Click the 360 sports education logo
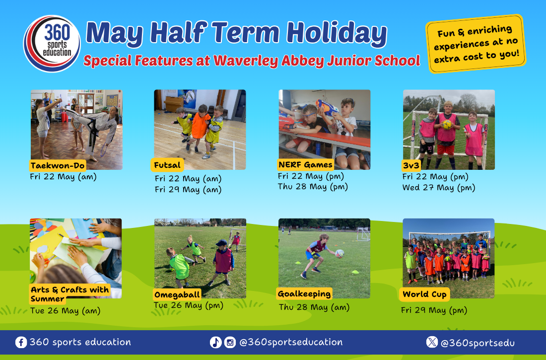tap(52, 44)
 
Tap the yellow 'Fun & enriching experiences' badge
tap(476, 44)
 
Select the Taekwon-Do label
tap(58, 165)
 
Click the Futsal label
tap(167, 165)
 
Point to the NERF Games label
tap(305, 164)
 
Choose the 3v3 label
tap(411, 165)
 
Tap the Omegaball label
tap(177, 295)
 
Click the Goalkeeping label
tap(304, 294)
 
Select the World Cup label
tap(424, 294)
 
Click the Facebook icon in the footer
tap(21, 342)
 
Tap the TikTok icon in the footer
tap(215, 342)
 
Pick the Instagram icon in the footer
tap(230, 342)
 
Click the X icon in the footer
tap(432, 342)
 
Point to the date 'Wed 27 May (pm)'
tap(439, 188)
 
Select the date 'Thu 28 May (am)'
tap(314, 307)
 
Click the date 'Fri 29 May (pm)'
tap(434, 310)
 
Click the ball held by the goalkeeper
tap(340, 253)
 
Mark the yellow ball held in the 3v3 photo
tap(447, 125)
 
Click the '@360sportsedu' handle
tap(478, 343)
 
